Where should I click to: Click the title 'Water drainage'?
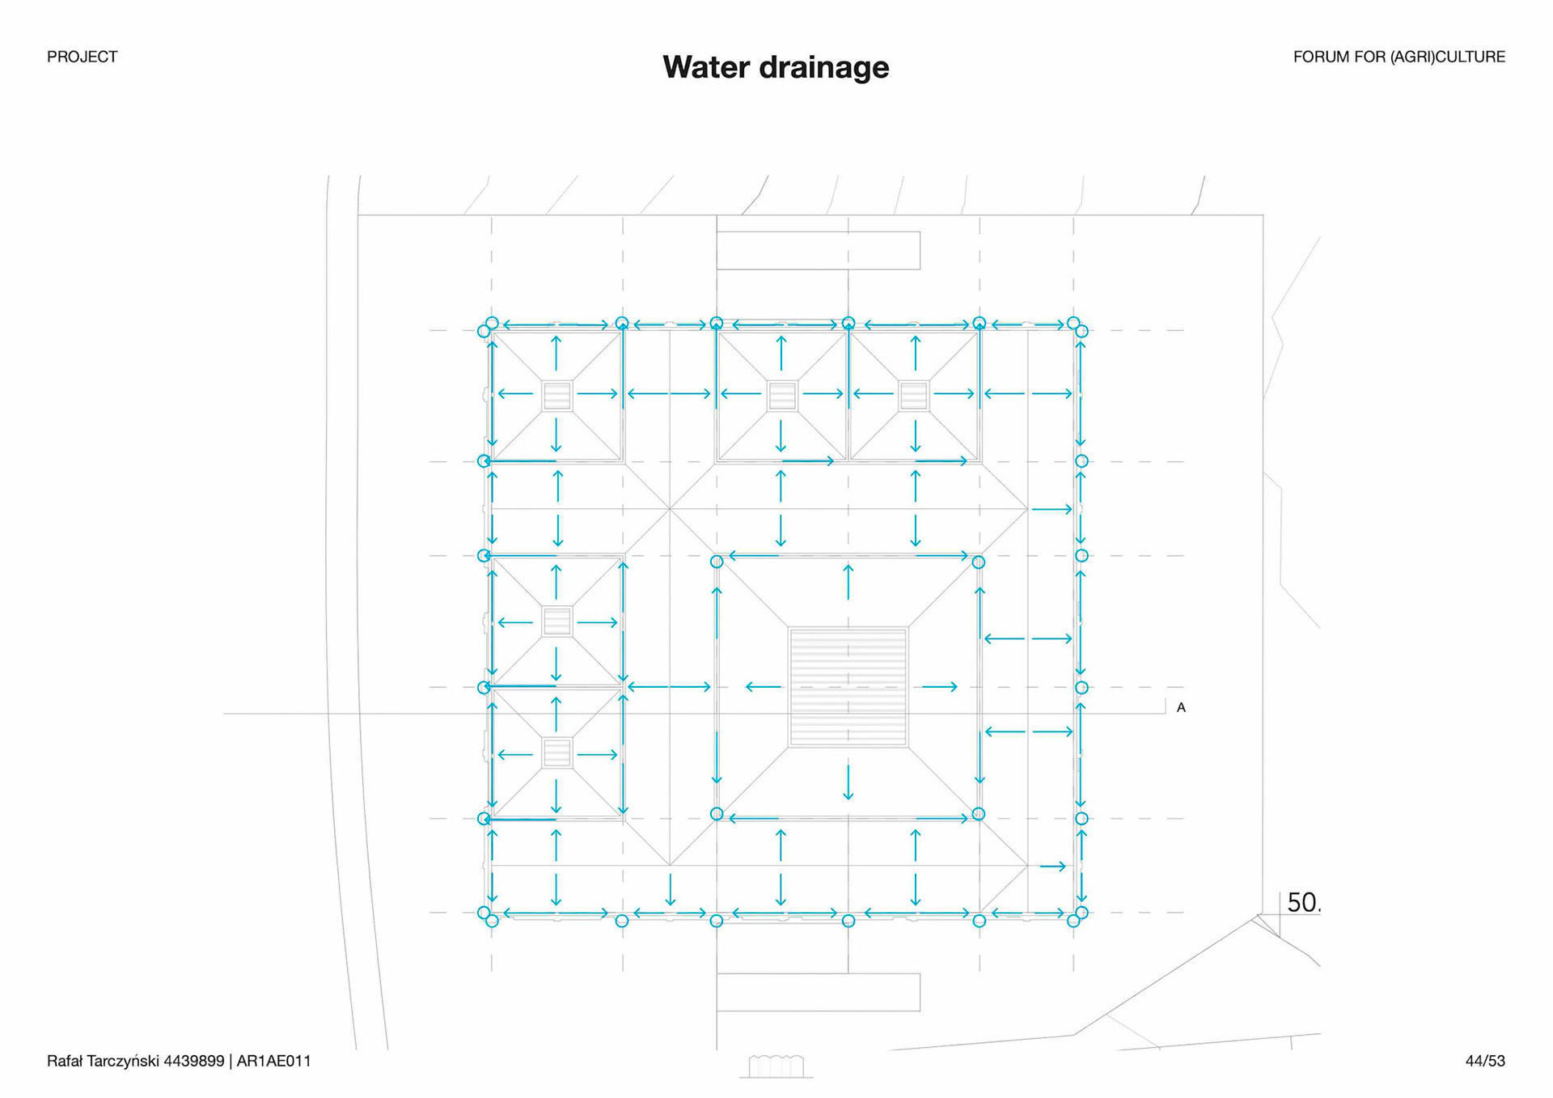pyautogui.click(x=776, y=67)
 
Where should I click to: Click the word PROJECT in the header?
pyautogui.click(x=82, y=57)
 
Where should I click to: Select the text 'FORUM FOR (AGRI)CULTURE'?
pyautogui.click(x=1399, y=57)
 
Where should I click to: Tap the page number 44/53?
pyautogui.click(x=1485, y=1061)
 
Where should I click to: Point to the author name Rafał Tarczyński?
pyautogui.click(x=102, y=1061)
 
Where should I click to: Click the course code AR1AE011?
pyautogui.click(x=273, y=1061)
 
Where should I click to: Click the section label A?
pyautogui.click(x=1181, y=708)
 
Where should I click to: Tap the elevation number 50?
pyautogui.click(x=1302, y=902)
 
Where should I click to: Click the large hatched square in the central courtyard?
pyautogui.click(x=848, y=687)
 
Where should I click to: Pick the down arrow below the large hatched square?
pyautogui.click(x=848, y=782)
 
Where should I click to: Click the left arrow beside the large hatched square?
pyautogui.click(x=763, y=687)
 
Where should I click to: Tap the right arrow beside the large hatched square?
pyautogui.click(x=940, y=687)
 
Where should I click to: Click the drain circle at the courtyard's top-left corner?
pyautogui.click(x=717, y=562)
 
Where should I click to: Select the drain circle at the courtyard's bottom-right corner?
pyautogui.click(x=978, y=814)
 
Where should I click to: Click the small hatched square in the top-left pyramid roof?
pyautogui.click(x=556, y=396)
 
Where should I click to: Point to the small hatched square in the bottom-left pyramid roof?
pyautogui.click(x=556, y=752)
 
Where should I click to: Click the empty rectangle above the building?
pyautogui.click(x=818, y=250)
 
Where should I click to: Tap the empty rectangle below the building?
pyautogui.click(x=818, y=992)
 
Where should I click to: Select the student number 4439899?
pyautogui.click(x=193, y=1061)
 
